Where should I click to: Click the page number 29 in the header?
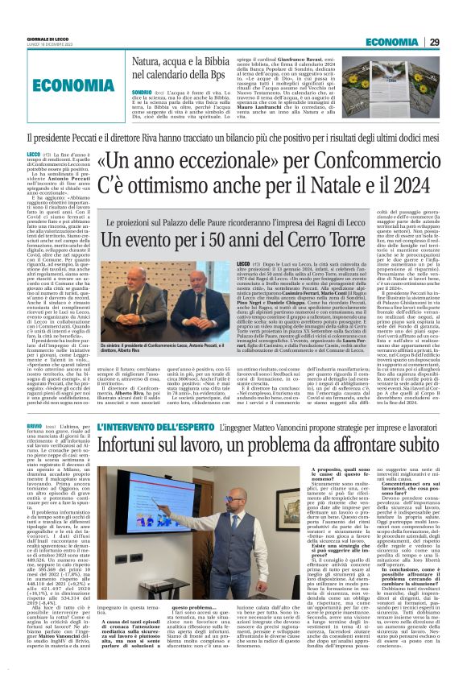coord(455,42)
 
